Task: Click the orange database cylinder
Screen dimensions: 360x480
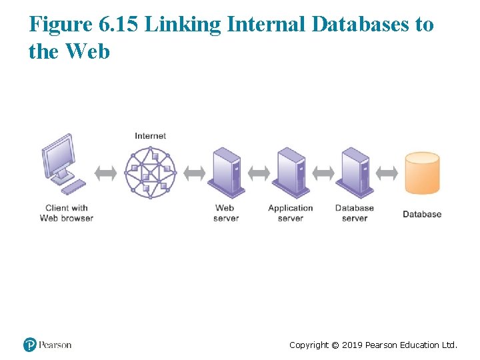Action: pyautogui.click(x=423, y=173)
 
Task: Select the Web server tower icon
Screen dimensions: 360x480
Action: pyautogui.click(x=226, y=172)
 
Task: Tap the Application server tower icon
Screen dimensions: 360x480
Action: pyautogui.click(x=291, y=172)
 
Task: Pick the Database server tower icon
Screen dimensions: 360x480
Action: pyautogui.click(x=355, y=172)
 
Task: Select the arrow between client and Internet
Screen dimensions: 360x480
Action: pyautogui.click(x=105, y=173)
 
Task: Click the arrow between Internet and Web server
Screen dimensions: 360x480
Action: pyautogui.click(x=194, y=173)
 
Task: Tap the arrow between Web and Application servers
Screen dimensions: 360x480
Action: pyautogui.click(x=259, y=173)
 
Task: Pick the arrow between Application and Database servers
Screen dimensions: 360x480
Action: pyautogui.click(x=323, y=173)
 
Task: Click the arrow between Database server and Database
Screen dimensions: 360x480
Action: pyautogui.click(x=387, y=173)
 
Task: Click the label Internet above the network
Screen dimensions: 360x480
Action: pyautogui.click(x=151, y=136)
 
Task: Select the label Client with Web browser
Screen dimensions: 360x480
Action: pyautogui.click(x=67, y=213)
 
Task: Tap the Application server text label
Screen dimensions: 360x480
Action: pyautogui.click(x=291, y=213)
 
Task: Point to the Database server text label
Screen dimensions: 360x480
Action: pyautogui.click(x=355, y=213)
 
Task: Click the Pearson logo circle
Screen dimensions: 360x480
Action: pyautogui.click(x=30, y=345)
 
